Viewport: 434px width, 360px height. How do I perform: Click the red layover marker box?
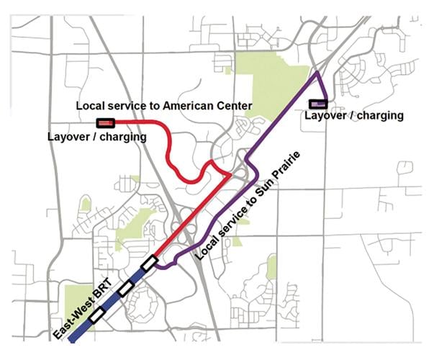[105, 123]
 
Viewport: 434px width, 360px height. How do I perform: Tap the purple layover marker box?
[318, 104]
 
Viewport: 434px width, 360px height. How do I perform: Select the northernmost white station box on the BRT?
[149, 264]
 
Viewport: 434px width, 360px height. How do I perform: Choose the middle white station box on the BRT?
[125, 288]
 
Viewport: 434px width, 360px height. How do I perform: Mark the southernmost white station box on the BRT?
[96, 314]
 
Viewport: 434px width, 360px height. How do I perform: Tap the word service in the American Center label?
[124, 106]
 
